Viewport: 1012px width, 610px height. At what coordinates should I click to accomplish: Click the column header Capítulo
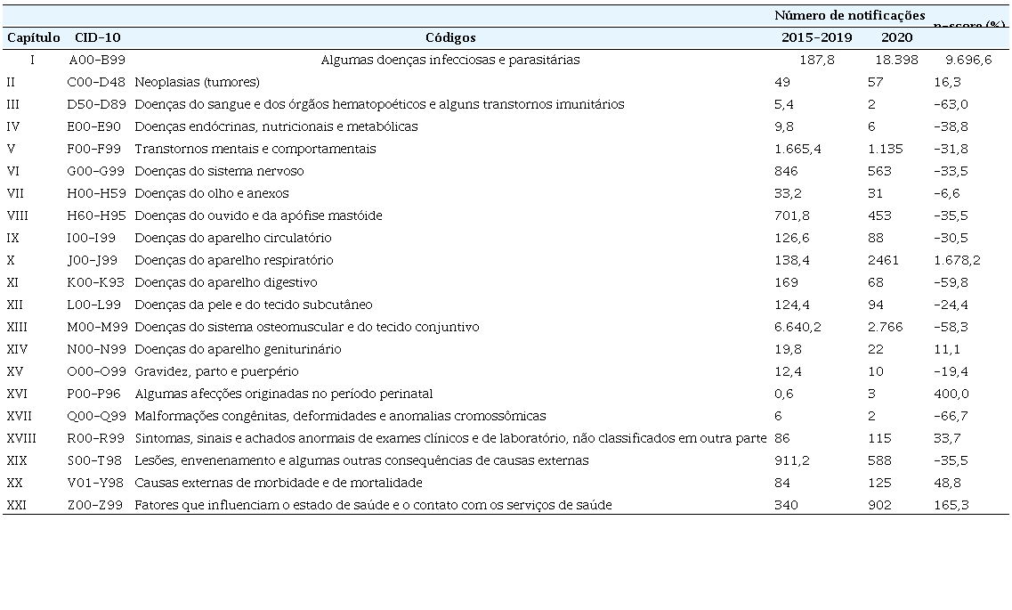tap(34, 37)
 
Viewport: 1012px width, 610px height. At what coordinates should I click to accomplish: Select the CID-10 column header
tap(98, 37)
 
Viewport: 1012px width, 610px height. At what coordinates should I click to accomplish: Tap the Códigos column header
tap(450, 37)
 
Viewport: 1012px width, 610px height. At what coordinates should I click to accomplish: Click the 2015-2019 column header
tap(816, 37)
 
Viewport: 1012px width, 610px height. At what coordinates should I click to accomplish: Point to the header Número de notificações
tap(849, 15)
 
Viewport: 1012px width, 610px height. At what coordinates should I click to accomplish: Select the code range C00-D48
tap(97, 82)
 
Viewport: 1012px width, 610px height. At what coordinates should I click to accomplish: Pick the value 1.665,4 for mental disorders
tap(798, 149)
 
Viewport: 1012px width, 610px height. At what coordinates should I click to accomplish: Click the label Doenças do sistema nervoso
tap(219, 171)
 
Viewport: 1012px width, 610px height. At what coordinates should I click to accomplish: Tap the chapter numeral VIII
tap(19, 216)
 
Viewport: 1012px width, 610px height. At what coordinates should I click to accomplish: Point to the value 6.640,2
tap(798, 327)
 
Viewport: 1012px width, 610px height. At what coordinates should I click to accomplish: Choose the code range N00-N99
tap(97, 349)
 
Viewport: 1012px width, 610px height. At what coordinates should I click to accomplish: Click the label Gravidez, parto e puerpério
tap(216, 371)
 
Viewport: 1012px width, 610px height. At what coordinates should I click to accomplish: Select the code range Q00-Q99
tap(97, 416)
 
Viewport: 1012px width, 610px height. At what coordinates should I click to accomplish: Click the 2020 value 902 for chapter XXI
tap(878, 505)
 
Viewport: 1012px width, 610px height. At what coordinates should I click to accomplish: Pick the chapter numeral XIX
tap(17, 460)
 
